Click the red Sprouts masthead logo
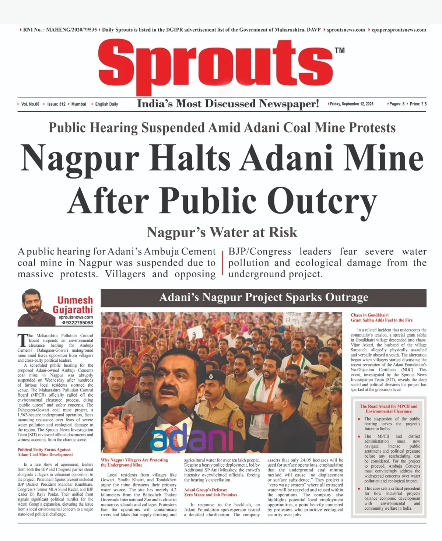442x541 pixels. [x=215, y=64]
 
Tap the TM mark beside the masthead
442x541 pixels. [x=340, y=50]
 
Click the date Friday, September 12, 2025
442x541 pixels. [x=351, y=104]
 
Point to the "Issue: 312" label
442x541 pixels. [x=56, y=104]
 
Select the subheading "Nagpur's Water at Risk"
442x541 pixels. [x=222, y=232]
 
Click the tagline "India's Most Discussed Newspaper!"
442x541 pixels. [x=228, y=104]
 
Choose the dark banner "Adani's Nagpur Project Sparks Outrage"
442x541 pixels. [x=263, y=298]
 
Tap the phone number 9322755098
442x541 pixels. [x=79, y=323]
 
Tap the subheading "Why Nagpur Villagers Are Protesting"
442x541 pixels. [x=134, y=460]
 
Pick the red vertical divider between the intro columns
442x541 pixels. [x=222, y=263]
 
